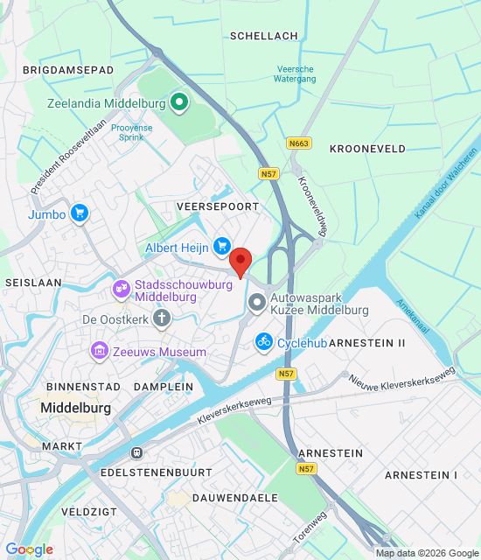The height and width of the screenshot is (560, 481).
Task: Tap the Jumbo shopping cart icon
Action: pos(80,213)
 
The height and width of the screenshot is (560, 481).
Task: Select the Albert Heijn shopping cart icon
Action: pos(222,248)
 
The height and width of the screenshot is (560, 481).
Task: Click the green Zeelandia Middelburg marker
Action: pos(179,103)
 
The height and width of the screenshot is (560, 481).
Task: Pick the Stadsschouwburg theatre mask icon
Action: pos(121,287)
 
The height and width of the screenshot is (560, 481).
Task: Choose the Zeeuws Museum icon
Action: pos(100,352)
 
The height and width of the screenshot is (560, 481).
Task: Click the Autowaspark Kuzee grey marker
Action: pos(257,304)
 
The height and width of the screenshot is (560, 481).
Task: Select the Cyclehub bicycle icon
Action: pos(263,342)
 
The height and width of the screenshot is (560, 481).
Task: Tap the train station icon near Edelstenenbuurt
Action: pos(136,452)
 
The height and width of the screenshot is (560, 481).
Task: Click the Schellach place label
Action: pos(263,36)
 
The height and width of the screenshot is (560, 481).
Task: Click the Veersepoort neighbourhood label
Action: pos(218,206)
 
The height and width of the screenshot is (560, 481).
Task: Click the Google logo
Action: pos(29,549)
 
